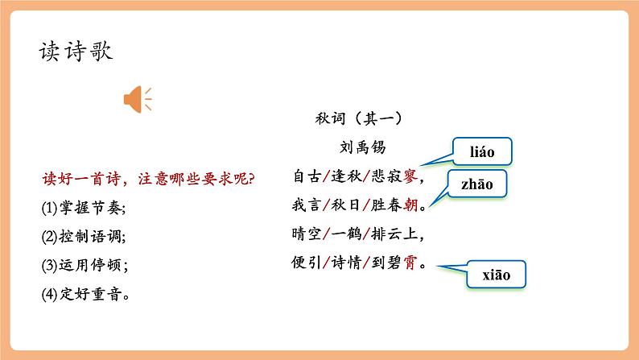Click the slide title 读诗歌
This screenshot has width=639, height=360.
76,52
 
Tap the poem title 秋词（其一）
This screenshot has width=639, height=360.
358,119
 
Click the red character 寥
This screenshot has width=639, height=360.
410,176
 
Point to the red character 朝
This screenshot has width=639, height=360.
410,206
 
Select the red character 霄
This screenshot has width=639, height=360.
410,263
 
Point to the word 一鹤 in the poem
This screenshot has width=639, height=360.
347,234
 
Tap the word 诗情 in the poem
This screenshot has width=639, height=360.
347,263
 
